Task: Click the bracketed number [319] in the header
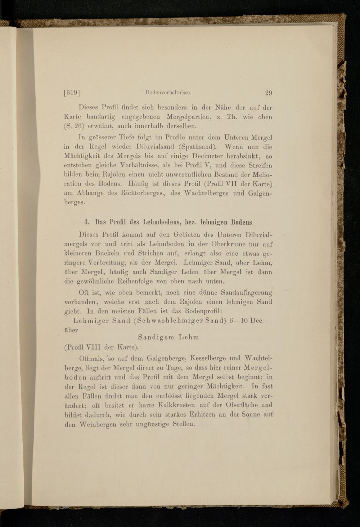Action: (72, 93)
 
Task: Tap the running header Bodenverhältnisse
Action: (168, 93)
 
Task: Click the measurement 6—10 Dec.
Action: (246, 321)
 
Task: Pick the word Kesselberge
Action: (205, 358)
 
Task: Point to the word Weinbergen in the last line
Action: (97, 424)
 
